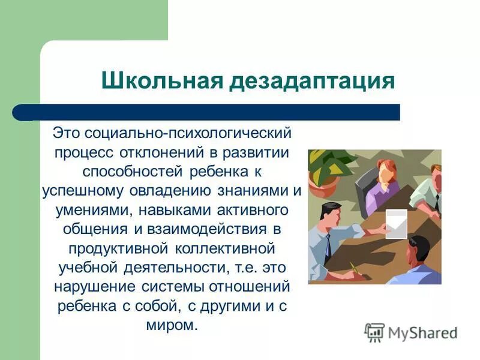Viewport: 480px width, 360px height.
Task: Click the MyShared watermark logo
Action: [x=412, y=332]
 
